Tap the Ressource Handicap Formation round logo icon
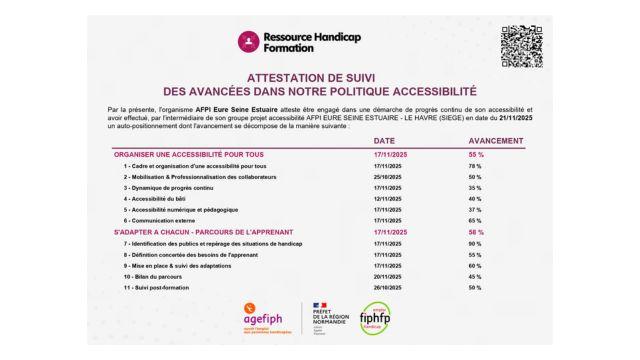click(248, 42)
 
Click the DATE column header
click(385, 141)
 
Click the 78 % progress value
click(475, 165)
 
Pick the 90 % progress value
click(475, 243)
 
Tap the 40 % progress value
click(475, 198)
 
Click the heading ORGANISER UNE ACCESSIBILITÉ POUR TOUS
click(176, 154)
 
